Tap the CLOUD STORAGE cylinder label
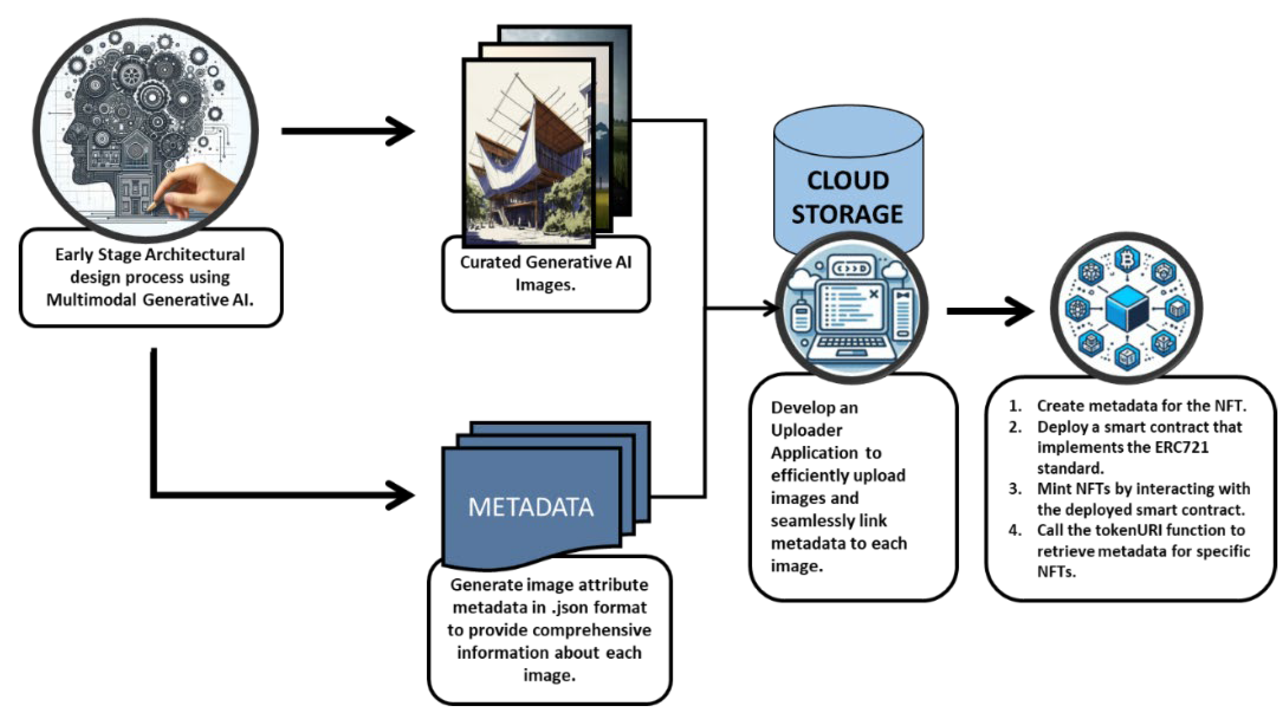848,197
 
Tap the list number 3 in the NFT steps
1014,488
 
